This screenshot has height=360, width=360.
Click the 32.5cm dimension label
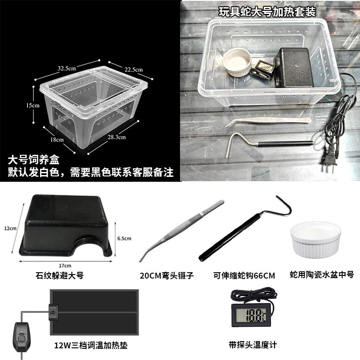[x=67, y=68]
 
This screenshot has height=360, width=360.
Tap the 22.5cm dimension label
[x=134, y=69]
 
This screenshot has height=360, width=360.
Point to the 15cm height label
[x=32, y=105]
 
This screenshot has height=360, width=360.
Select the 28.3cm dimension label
[x=117, y=137]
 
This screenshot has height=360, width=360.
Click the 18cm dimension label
[x=57, y=139]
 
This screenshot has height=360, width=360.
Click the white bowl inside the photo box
[x=237, y=62]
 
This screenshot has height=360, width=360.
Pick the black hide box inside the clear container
[x=293, y=67]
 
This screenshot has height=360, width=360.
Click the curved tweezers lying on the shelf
[x=268, y=121]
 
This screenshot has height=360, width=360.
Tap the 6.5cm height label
[x=124, y=238]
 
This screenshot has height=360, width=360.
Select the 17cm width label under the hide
[x=65, y=265]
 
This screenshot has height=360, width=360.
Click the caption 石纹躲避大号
[x=60, y=275]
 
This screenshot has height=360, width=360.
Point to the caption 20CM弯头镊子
[x=166, y=275]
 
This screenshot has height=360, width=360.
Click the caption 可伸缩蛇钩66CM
[x=244, y=275]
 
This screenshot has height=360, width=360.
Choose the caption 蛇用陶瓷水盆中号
[x=322, y=274]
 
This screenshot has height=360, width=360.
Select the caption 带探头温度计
[x=253, y=345]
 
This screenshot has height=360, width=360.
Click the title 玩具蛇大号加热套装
[x=267, y=12]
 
